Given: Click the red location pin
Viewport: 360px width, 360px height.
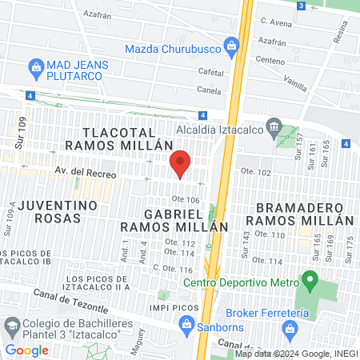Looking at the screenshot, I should tap(181, 164).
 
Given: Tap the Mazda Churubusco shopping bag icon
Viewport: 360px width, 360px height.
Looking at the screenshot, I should tap(232, 45).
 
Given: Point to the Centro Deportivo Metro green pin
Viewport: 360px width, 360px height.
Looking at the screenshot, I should tap(308, 281).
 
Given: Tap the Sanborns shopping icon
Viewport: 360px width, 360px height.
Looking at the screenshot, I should tap(186, 323).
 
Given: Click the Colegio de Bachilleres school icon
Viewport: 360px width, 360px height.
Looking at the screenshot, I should tap(12, 326).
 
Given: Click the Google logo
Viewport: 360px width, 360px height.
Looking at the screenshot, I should tap(26, 350).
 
